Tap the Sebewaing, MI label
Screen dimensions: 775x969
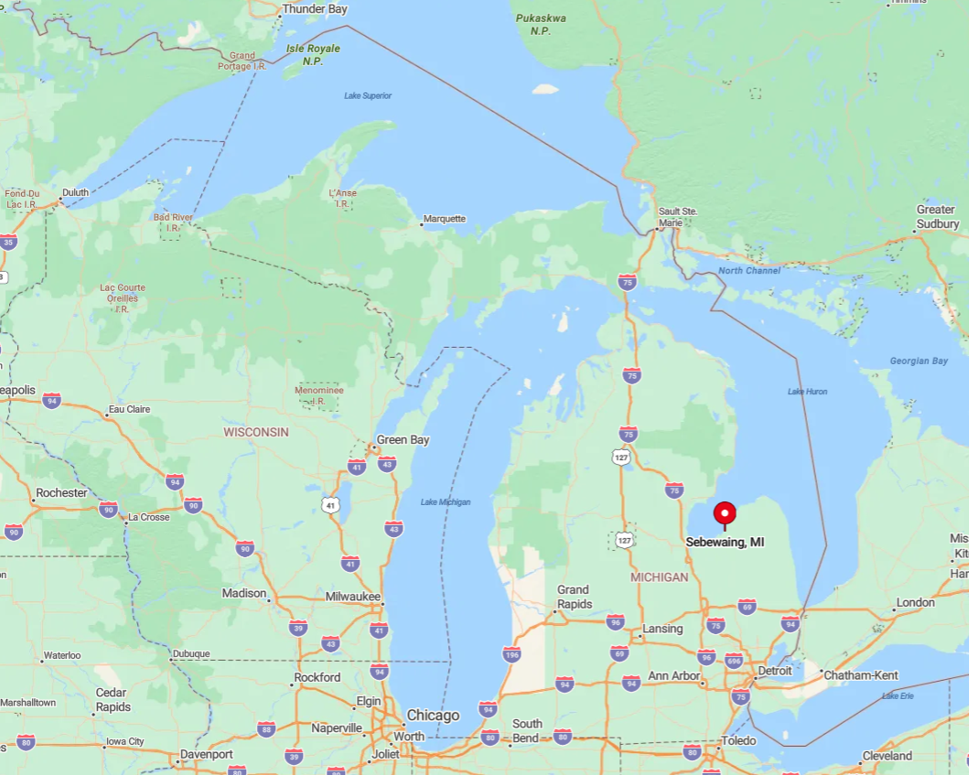tap(725, 542)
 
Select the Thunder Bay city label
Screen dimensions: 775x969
tap(316, 9)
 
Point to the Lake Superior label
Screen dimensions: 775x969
tap(368, 95)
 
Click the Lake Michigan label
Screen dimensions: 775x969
tap(446, 501)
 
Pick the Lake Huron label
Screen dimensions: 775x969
tap(807, 392)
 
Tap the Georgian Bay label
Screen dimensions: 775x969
tap(919, 361)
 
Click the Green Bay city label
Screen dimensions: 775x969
tap(403, 440)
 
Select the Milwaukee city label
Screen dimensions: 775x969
tap(352, 596)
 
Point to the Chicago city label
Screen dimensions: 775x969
tap(433, 715)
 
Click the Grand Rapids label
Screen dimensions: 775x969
tap(573, 597)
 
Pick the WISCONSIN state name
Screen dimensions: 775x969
tap(256, 432)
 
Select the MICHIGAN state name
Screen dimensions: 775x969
tap(659, 577)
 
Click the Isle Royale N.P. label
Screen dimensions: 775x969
tap(313, 54)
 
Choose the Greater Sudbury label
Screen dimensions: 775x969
tap(938, 217)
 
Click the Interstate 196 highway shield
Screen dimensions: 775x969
tap(511, 654)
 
